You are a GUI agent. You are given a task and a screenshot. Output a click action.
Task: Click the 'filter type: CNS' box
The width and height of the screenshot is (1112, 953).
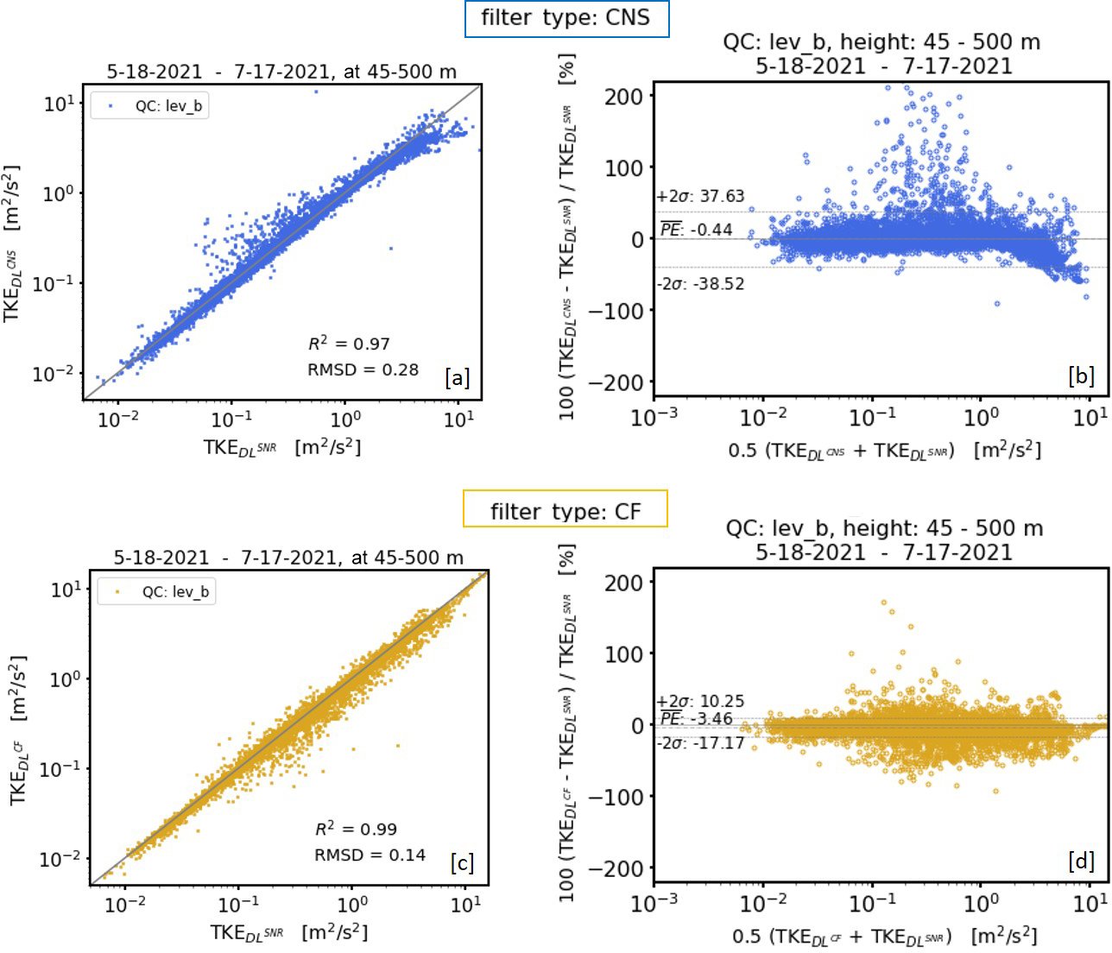pos(566,18)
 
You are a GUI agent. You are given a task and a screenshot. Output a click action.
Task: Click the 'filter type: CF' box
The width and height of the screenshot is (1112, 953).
pos(565,511)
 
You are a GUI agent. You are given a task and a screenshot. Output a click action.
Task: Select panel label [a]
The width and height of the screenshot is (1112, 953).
pos(457,377)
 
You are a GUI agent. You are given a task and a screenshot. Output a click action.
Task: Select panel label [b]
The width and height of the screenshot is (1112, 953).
pos(1081,376)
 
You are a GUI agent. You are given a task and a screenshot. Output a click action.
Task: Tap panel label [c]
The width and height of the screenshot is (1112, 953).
pos(462,862)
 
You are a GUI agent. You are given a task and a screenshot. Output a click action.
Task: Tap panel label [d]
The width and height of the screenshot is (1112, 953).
pos(1081,861)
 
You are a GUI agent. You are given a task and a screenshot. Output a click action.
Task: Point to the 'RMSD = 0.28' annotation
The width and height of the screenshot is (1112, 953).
pos(363,369)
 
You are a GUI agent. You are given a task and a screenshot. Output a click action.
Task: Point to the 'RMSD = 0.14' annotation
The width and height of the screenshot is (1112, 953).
pos(370,855)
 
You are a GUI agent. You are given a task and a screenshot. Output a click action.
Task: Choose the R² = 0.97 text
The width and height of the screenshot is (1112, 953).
pos(349,344)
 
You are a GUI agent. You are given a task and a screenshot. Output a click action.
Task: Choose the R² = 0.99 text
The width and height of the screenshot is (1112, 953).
pos(356,829)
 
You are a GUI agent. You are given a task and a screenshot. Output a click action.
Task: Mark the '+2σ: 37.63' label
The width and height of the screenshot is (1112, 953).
pos(700,196)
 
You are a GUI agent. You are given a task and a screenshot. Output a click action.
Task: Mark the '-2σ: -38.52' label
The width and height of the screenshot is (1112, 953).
pos(700,284)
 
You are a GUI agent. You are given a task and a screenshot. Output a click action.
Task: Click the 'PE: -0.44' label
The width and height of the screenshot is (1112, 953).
pos(696,230)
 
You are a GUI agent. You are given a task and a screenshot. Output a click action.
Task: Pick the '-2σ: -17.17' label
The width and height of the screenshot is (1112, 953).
pos(700,742)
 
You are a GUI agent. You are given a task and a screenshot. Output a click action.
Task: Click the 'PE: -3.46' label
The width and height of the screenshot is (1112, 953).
pos(696,719)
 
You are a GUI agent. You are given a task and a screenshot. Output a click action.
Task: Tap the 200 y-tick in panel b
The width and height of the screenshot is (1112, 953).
pos(623,96)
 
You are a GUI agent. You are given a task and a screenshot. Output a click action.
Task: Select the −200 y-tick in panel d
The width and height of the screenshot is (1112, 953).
pos(616,868)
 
